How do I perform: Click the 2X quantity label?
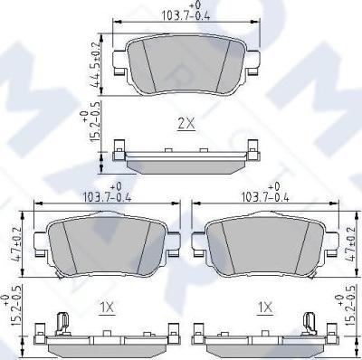186,124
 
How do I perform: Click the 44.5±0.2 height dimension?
96,64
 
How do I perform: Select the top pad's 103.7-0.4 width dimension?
186,12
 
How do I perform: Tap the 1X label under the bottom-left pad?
107,308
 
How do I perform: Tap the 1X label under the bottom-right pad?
265,308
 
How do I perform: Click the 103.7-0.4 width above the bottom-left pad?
106,194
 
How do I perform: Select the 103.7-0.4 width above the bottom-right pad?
265,194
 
